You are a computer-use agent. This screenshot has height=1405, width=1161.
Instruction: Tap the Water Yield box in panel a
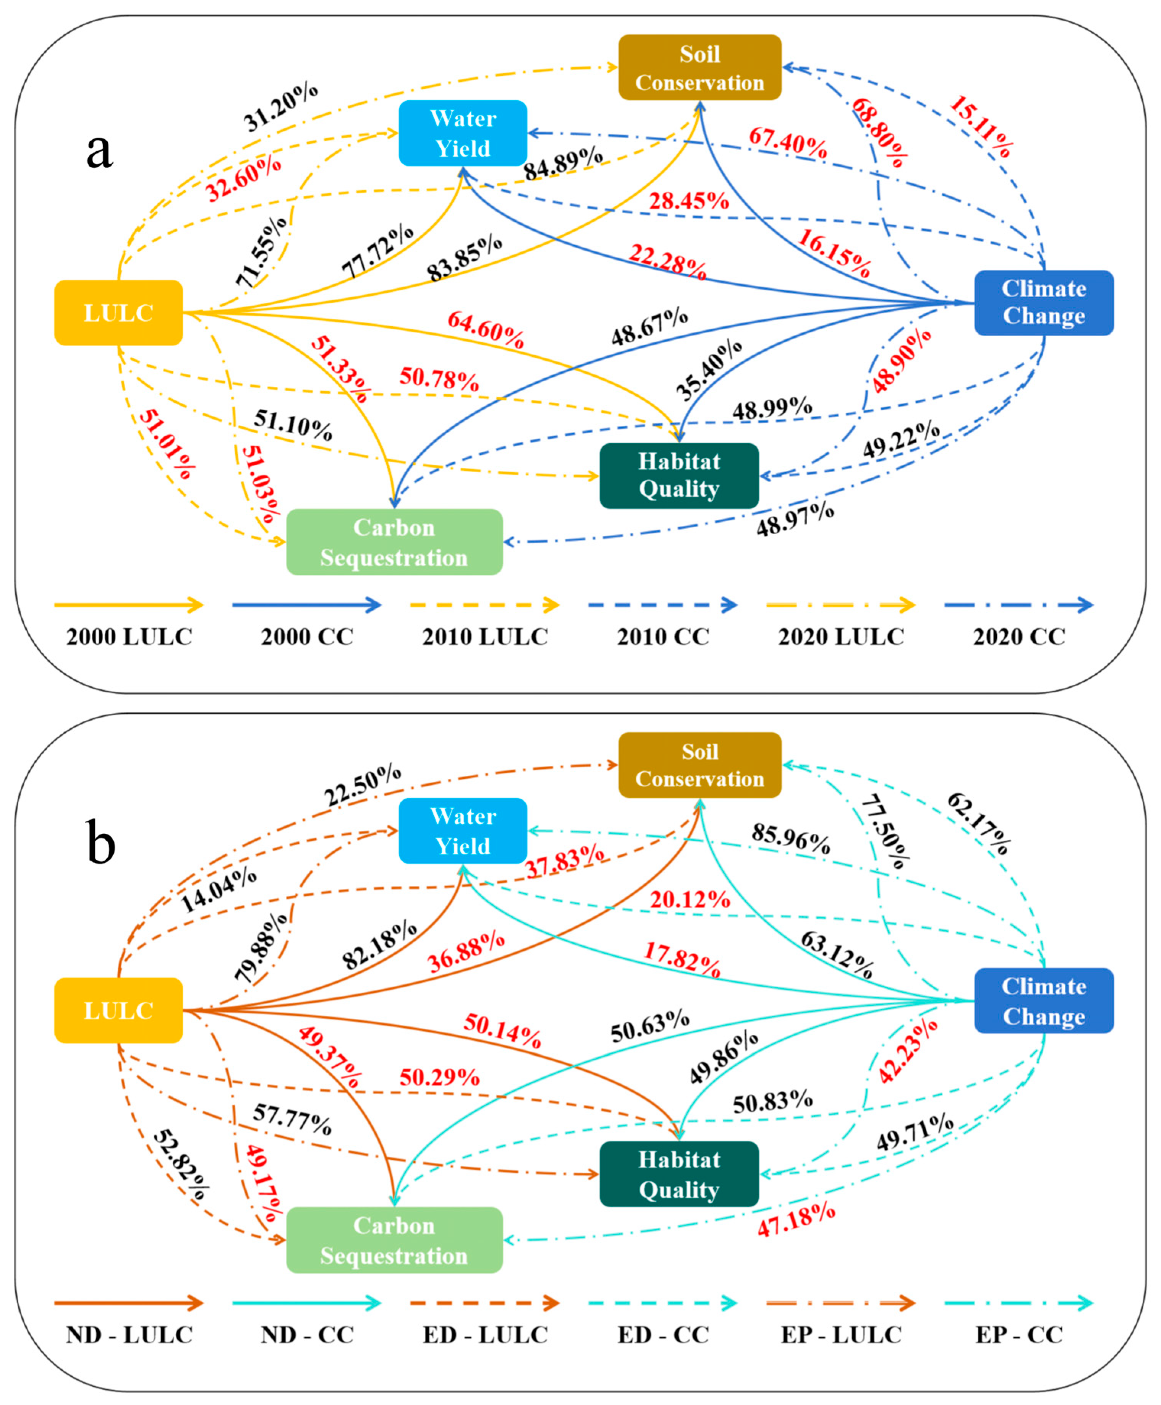tap(463, 133)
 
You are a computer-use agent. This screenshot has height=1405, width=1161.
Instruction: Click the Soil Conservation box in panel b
tap(700, 765)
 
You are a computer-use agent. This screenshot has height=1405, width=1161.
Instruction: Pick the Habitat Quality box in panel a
tap(679, 475)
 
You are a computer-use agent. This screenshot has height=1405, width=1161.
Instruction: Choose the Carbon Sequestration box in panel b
tap(394, 1240)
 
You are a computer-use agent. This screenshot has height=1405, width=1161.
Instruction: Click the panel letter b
tap(100, 844)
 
